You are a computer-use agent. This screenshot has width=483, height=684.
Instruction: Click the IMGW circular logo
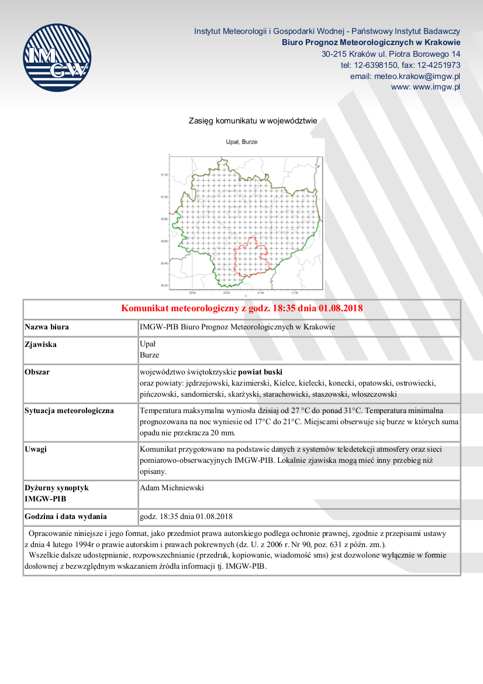tap(57, 57)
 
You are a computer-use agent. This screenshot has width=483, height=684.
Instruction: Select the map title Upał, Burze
tap(241, 142)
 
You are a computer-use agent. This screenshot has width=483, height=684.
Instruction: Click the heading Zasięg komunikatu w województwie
tap(253, 121)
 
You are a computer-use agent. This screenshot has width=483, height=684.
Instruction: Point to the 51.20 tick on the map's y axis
tap(164, 175)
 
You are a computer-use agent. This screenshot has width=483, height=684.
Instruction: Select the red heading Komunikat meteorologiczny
tap(241, 308)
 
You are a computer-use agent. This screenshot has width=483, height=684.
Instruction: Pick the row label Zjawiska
tap(41, 345)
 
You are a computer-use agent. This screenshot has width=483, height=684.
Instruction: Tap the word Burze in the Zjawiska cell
tap(150, 355)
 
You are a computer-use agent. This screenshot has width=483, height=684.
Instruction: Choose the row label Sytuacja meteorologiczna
tap(70, 410)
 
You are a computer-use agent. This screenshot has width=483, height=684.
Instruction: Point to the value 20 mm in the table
tap(222, 433)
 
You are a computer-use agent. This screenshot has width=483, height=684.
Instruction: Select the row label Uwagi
tap(36, 449)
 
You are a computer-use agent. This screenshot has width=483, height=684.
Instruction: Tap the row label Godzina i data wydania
tap(66, 517)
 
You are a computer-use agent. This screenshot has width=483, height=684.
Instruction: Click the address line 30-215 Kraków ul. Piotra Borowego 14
tap(391, 54)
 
